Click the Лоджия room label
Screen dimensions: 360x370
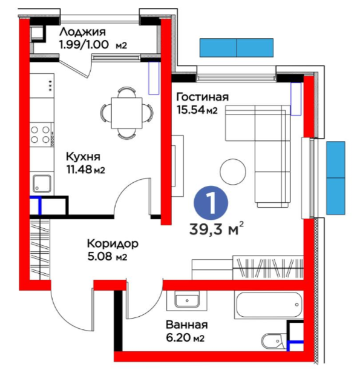coord(82,32)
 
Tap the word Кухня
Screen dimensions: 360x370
coord(83,156)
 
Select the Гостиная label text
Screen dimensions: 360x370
coord(203,97)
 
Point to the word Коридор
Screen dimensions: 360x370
coord(113,244)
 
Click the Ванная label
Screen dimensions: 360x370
coord(187,325)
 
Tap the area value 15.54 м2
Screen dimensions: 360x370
coord(197,110)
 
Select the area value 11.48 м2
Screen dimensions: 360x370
coord(86,170)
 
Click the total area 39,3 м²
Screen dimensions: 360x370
coord(217,229)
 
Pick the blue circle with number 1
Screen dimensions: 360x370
coord(211,203)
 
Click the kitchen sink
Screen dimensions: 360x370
coord(42,183)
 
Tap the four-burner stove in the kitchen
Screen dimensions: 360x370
coord(41,134)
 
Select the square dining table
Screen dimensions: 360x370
coord(127,113)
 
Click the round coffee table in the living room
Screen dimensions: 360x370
coord(233,171)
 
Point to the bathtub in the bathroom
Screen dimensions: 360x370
coord(269,305)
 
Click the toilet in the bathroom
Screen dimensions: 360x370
coord(274,341)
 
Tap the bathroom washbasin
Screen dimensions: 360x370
coord(187,300)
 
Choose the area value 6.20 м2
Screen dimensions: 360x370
coord(185,338)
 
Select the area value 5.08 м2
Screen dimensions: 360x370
coord(107,257)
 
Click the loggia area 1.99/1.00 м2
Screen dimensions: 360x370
coord(93,44)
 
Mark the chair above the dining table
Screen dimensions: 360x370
coord(127,92)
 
